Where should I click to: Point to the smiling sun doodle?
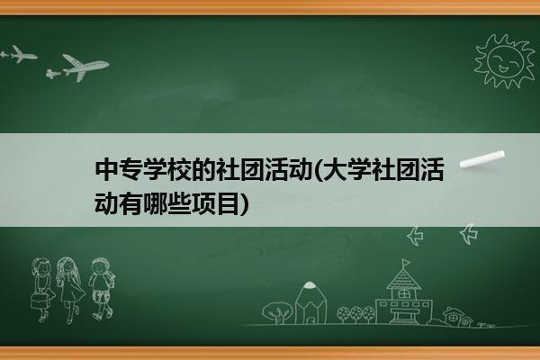pos(505,61)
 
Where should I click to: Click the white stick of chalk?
pos(482,159)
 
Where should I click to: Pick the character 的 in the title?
pos(203,170)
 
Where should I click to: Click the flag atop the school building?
pos(407,263)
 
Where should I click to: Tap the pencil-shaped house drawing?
pos(310,302)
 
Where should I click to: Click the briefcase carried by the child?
pos(39,301)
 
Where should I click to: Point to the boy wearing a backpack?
pos(102,289)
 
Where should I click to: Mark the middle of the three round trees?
pos(356,313)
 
